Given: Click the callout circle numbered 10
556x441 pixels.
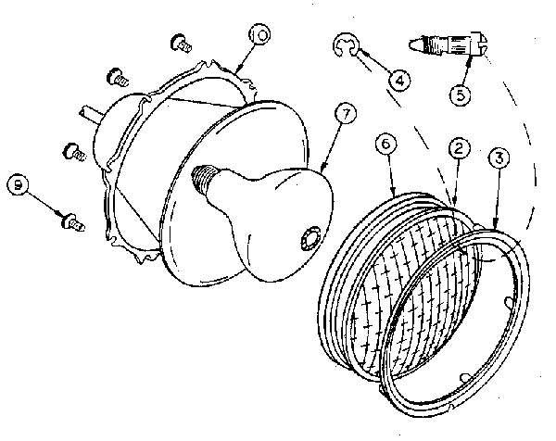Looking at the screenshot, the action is (x=259, y=34).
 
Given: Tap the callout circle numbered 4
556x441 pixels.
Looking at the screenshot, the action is (x=399, y=81).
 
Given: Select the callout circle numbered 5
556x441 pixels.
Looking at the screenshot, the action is (x=461, y=94).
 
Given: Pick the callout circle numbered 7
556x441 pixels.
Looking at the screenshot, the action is (x=346, y=113).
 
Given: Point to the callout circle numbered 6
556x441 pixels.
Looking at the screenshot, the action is (x=386, y=144).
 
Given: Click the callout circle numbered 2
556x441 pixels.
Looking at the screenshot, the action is (x=459, y=148).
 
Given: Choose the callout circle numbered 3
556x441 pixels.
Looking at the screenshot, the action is (x=499, y=157).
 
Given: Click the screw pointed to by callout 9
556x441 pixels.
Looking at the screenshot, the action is (x=73, y=221).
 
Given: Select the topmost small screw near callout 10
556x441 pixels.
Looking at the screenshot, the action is (x=182, y=43).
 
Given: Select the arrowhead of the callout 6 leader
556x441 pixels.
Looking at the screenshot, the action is (x=394, y=193).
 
